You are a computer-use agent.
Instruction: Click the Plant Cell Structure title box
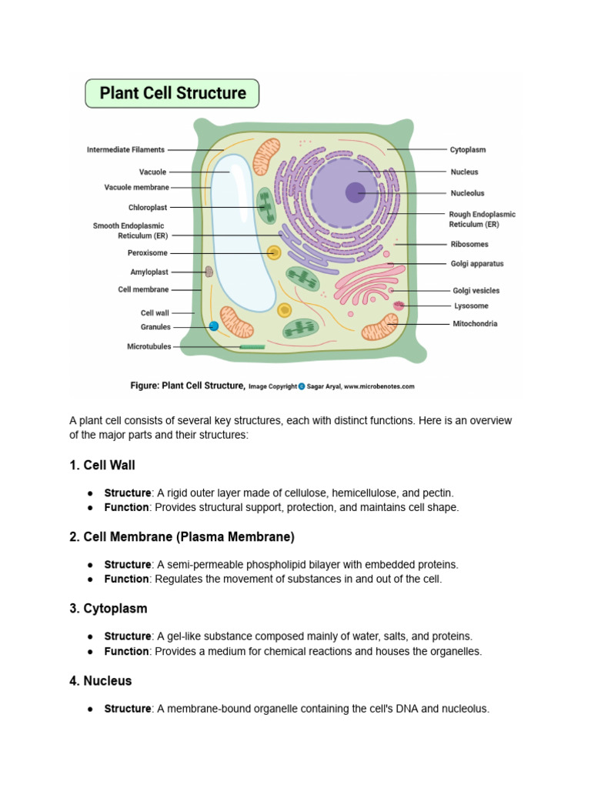pos(172,94)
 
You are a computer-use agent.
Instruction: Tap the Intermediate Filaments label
pos(125,150)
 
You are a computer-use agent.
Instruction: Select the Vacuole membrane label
pos(137,187)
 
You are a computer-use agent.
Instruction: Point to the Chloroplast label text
pos(148,208)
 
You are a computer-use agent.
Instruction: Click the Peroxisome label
pos(148,253)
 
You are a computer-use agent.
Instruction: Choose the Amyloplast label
pos(149,272)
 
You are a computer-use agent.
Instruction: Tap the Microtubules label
pos(149,347)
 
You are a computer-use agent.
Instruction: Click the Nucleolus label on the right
pos(467,193)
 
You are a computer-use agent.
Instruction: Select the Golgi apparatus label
pos(477,264)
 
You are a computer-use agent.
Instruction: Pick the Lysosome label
pos(471,306)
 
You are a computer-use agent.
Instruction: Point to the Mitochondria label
pos(475,324)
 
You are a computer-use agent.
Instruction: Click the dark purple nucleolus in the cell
pos(355,192)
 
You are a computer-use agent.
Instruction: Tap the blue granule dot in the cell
pos(213,326)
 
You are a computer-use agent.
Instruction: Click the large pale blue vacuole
pos(242,231)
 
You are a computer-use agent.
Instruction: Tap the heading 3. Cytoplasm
pos(109,609)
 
